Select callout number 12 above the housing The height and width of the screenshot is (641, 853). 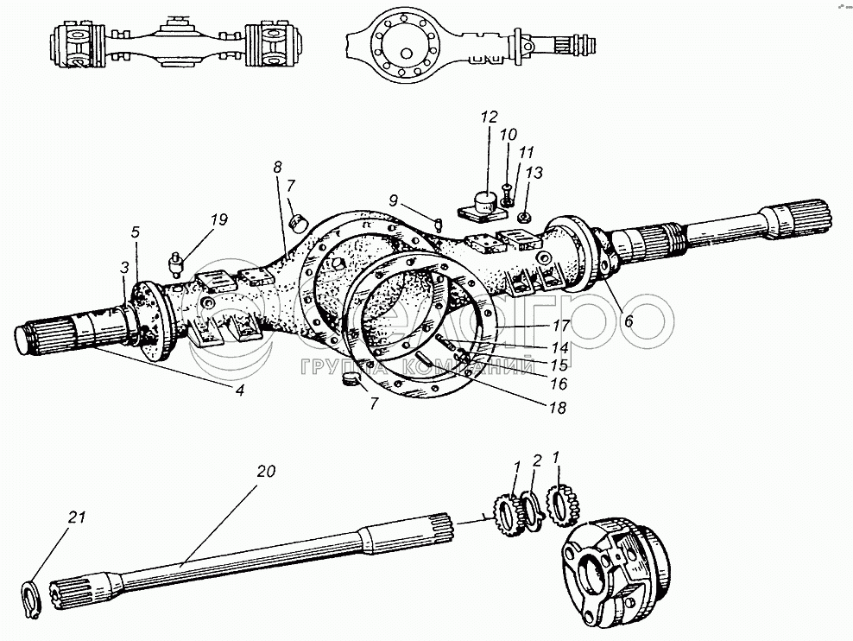pyautogui.click(x=490, y=117)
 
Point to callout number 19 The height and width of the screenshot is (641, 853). pyautogui.click(x=219, y=219)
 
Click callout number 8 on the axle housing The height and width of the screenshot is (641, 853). pyautogui.click(x=277, y=167)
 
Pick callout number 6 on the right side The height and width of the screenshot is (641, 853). pyautogui.click(x=627, y=320)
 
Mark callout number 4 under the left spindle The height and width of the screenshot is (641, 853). pyautogui.click(x=240, y=390)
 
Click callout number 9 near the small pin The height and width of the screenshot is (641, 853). pyautogui.click(x=393, y=200)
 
